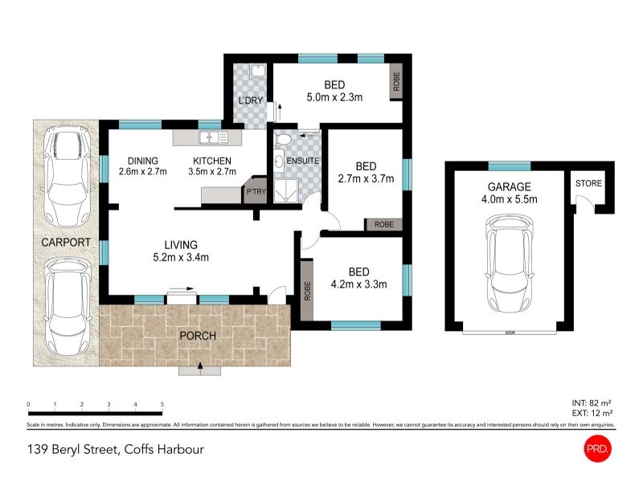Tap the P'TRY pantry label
click(x=256, y=191)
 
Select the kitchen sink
click(x=213, y=137)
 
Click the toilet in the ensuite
click(x=283, y=139)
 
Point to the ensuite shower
click(x=286, y=192)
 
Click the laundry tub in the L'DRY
click(x=258, y=71)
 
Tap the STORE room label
click(x=588, y=183)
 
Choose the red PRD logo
click(x=597, y=449)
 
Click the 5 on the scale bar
click(x=162, y=404)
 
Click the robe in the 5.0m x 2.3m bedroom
click(x=395, y=82)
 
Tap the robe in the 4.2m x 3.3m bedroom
click(x=307, y=290)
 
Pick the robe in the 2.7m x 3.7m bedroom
click(x=383, y=224)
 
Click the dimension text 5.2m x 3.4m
click(x=181, y=257)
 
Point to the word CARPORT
click(x=66, y=243)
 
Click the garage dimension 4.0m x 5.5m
click(x=509, y=199)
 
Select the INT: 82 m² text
click(x=592, y=403)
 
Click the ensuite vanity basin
click(x=279, y=161)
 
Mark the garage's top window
click(x=510, y=166)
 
